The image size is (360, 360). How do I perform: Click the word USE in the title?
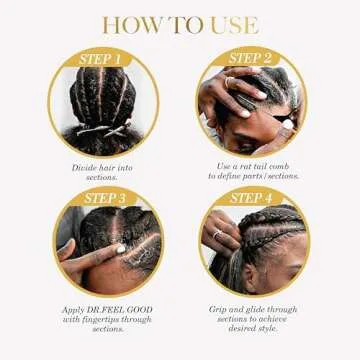pyautogui.click(x=232, y=24)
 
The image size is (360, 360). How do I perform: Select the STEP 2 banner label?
pyautogui.click(x=251, y=58)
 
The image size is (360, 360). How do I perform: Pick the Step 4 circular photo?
pyautogui.click(x=252, y=246)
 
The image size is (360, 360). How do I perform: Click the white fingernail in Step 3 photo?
pyautogui.click(x=119, y=248)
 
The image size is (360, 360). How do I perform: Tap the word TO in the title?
pyautogui.click(x=181, y=24)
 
